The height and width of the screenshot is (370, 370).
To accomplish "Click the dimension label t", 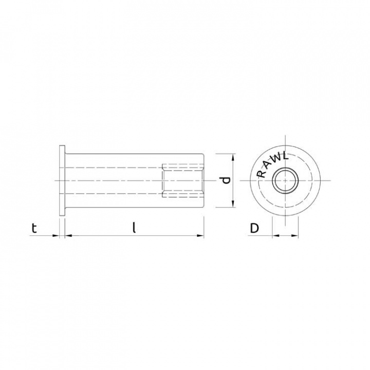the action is coord(34,228).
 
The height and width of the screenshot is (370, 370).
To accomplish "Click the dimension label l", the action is coord(134,228).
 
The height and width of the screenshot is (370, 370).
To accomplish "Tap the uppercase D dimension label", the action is coord(254,228).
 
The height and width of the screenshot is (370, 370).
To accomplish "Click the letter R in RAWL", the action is coord(261,174).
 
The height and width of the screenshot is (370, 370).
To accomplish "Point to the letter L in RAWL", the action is coord(286,156).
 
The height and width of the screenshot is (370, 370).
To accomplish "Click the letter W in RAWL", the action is coord(277,158).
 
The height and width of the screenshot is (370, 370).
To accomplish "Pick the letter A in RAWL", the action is coord(268,164).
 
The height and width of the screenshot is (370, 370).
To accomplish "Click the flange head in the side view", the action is coord(62,180).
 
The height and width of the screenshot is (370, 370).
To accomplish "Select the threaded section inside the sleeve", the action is coord(182,180).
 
